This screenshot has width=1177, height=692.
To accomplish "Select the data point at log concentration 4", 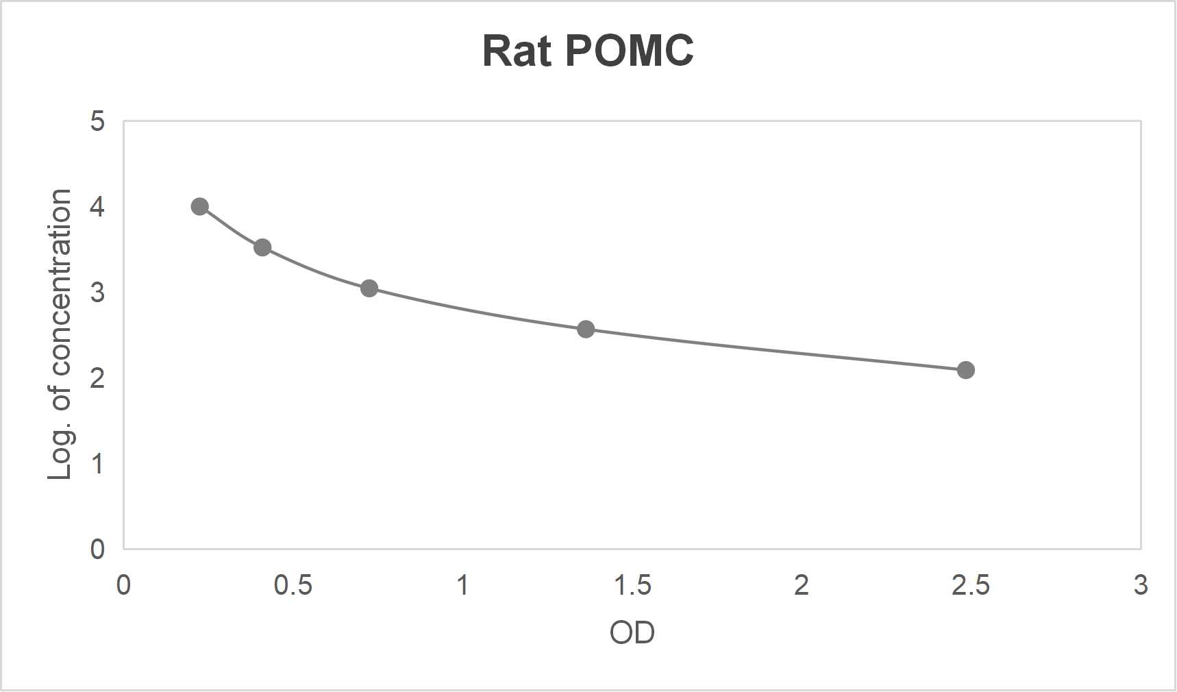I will [200, 206].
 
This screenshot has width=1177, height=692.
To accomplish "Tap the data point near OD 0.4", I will [262, 247].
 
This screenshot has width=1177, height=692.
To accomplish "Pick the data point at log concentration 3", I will [369, 288].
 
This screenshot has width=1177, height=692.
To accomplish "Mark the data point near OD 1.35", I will [586, 329].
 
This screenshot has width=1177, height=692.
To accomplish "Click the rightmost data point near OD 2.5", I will [965, 370].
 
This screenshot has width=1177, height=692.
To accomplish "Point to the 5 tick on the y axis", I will [97, 121].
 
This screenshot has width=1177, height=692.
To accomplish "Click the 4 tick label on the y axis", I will [97, 207].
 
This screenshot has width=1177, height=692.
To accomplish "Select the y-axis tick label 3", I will [97, 293].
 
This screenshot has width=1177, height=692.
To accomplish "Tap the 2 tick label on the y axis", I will [97, 378].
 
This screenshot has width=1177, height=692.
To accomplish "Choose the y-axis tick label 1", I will [97, 464].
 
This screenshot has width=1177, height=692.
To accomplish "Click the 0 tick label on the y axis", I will [97, 549].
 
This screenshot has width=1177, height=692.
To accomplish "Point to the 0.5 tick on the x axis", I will [293, 585].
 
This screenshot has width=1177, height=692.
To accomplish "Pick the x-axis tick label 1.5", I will [632, 585].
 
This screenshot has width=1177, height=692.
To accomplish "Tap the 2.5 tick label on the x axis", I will [971, 585].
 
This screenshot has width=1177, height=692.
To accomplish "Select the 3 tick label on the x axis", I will [1140, 585].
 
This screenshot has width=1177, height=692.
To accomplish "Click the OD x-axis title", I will [632, 632].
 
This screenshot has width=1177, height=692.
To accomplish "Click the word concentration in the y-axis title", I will [60, 282].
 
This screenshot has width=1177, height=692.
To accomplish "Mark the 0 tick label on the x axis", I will [123, 585].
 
